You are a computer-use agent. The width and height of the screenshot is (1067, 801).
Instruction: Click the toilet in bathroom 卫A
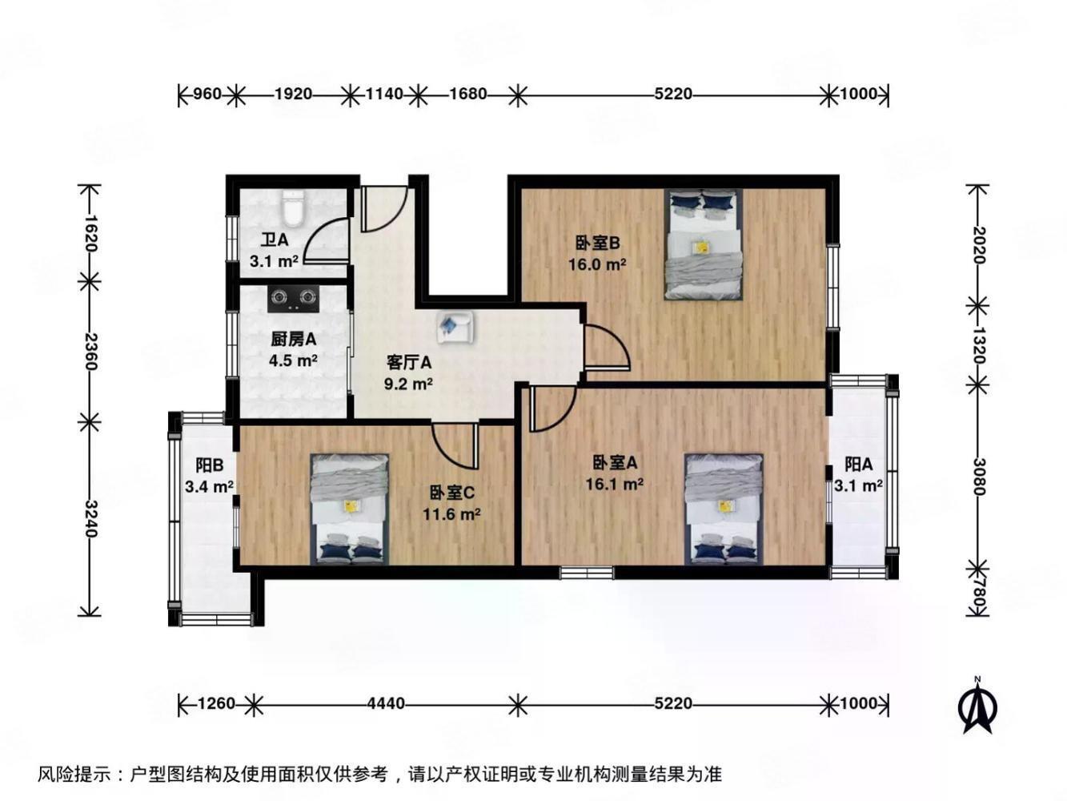(x=292, y=211)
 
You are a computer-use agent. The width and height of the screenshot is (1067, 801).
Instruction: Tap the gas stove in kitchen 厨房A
(x=291, y=299)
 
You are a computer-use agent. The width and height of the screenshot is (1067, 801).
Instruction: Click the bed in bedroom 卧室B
(x=704, y=244)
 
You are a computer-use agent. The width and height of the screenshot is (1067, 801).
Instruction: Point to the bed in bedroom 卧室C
(x=350, y=509)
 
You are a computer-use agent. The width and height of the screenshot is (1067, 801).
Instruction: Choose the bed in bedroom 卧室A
(x=724, y=509)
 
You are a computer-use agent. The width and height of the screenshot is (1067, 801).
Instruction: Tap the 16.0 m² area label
(x=597, y=264)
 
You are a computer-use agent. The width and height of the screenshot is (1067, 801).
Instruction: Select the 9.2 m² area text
(x=408, y=383)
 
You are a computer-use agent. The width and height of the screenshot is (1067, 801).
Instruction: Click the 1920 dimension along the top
(x=293, y=95)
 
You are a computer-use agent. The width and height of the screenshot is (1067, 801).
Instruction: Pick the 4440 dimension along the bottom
(x=386, y=704)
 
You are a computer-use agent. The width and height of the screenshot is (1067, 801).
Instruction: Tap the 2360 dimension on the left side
(x=90, y=352)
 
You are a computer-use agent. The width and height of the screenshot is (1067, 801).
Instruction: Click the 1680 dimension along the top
(x=468, y=95)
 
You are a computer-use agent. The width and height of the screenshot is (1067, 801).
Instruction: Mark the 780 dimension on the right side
(x=977, y=599)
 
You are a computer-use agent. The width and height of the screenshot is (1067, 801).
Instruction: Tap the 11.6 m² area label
(x=451, y=514)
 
